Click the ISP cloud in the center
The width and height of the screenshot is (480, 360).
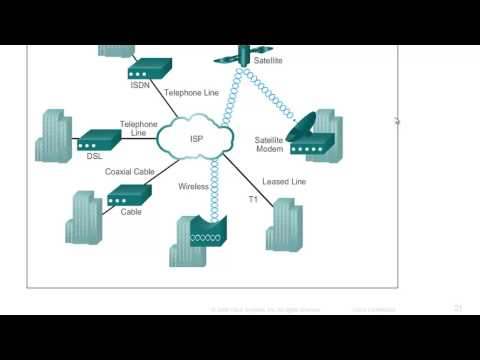[195, 138]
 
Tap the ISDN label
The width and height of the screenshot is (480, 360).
[140, 85]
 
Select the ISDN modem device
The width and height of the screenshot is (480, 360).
[151, 69]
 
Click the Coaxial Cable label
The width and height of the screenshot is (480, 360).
[129, 171]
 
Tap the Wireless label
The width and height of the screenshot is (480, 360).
[193, 187]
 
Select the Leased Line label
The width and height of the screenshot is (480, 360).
[283, 181]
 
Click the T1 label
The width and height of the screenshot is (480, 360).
[253, 199]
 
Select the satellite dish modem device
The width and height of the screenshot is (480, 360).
[309, 139]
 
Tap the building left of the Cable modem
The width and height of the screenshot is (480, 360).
[84, 215]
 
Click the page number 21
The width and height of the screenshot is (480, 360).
[458, 309]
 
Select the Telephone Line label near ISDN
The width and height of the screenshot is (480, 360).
[191, 92]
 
